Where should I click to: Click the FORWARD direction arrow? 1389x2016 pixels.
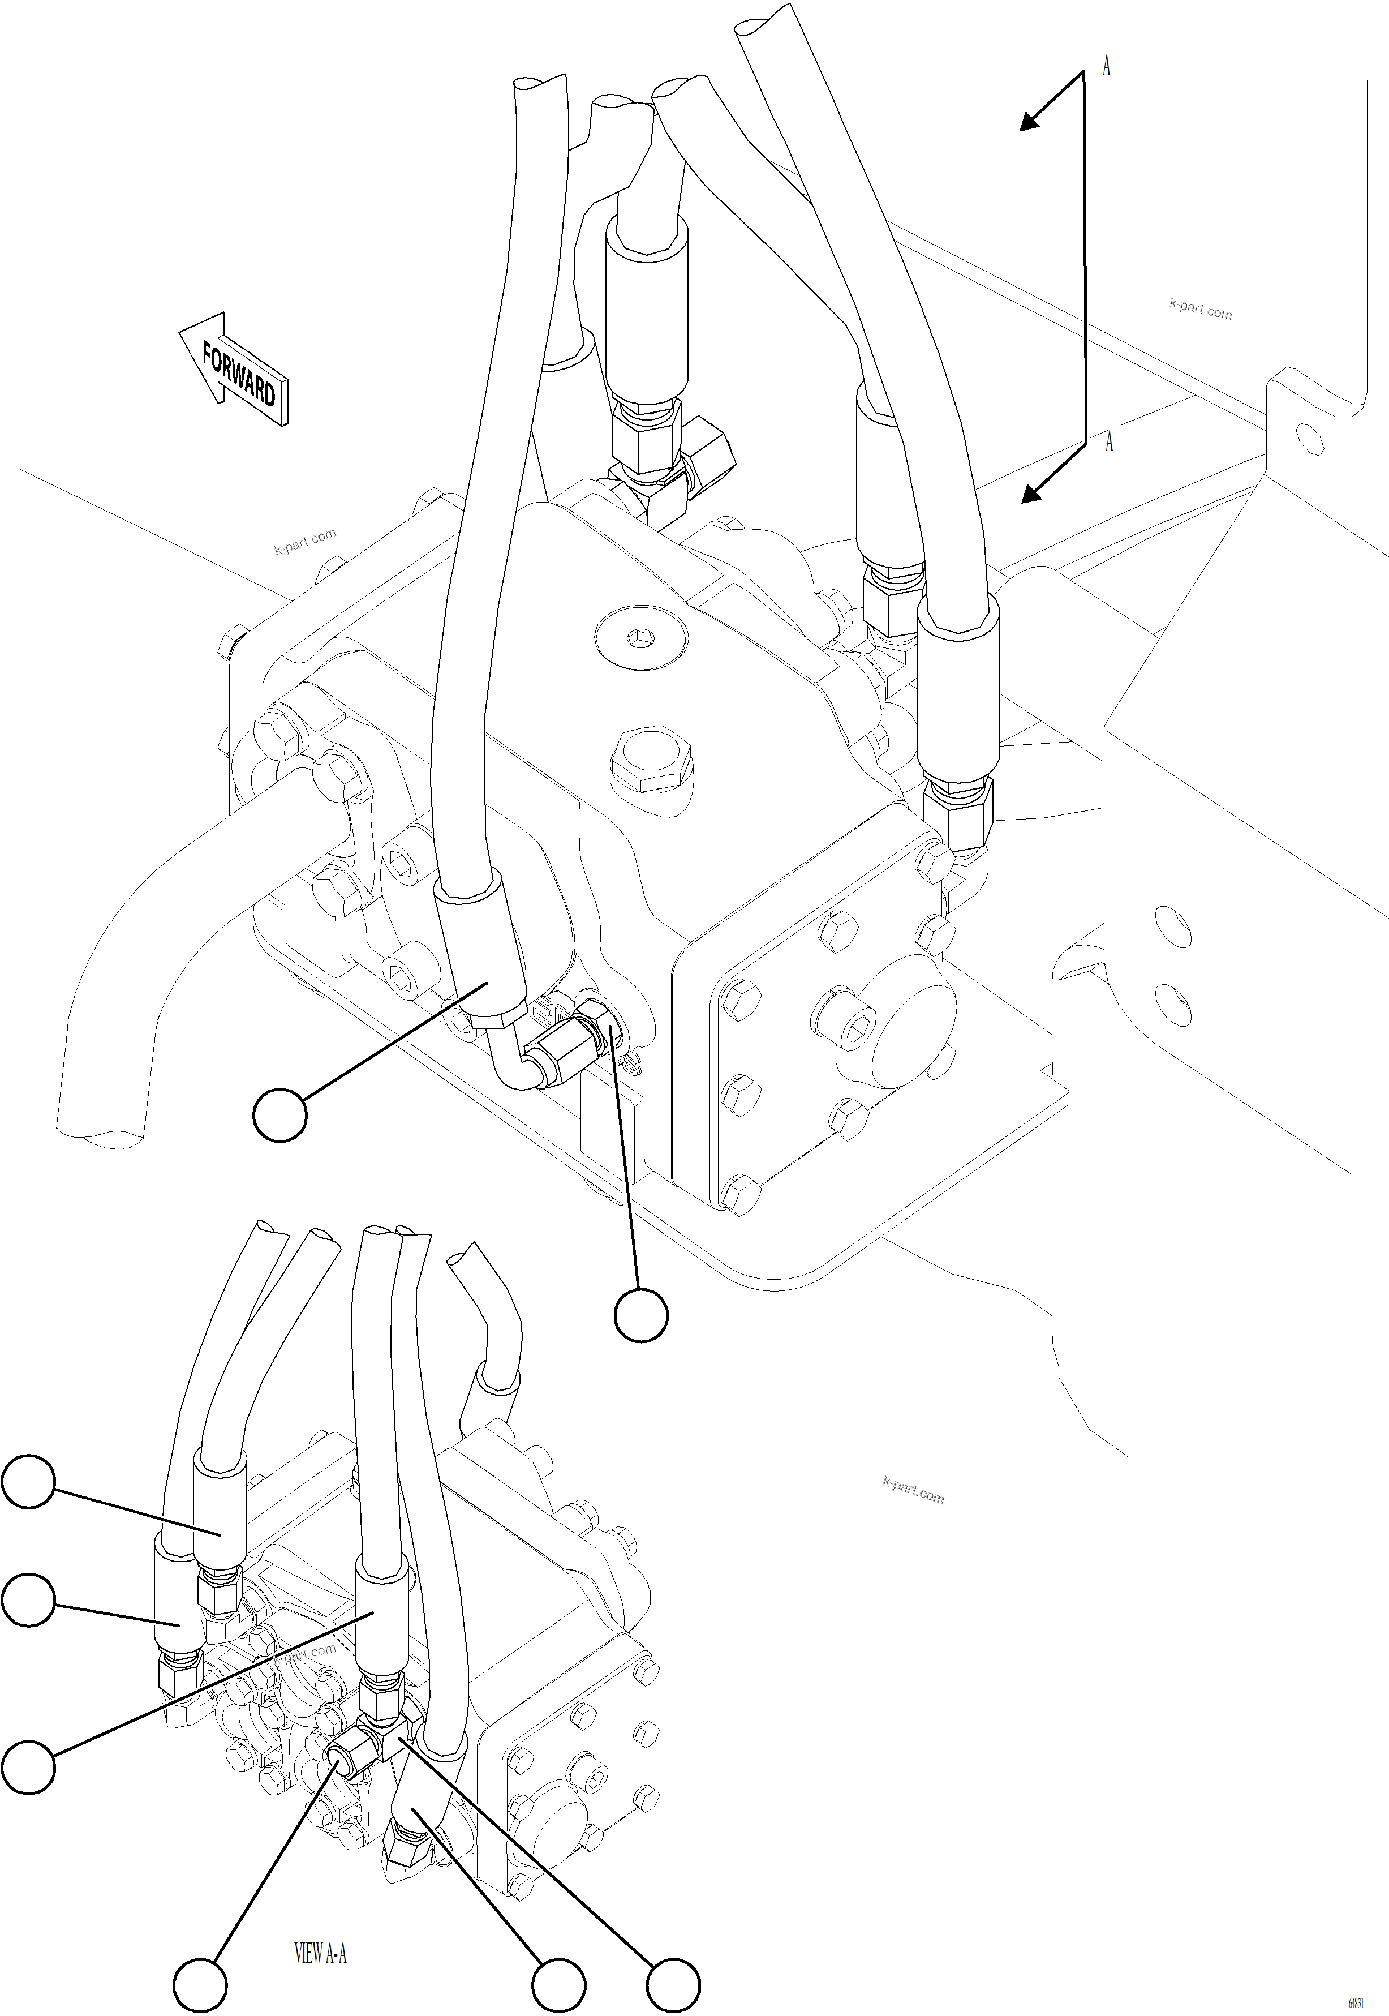point(233,370)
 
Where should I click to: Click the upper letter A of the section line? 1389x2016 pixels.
point(1106,66)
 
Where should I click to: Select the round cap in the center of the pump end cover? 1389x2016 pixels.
point(896,1021)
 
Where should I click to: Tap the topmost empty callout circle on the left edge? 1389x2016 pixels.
point(29,1481)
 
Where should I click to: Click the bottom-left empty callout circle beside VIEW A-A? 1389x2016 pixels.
point(200,1987)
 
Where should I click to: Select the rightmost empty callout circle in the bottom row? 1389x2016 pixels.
point(673,1987)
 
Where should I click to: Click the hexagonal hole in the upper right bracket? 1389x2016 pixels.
point(1310,439)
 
